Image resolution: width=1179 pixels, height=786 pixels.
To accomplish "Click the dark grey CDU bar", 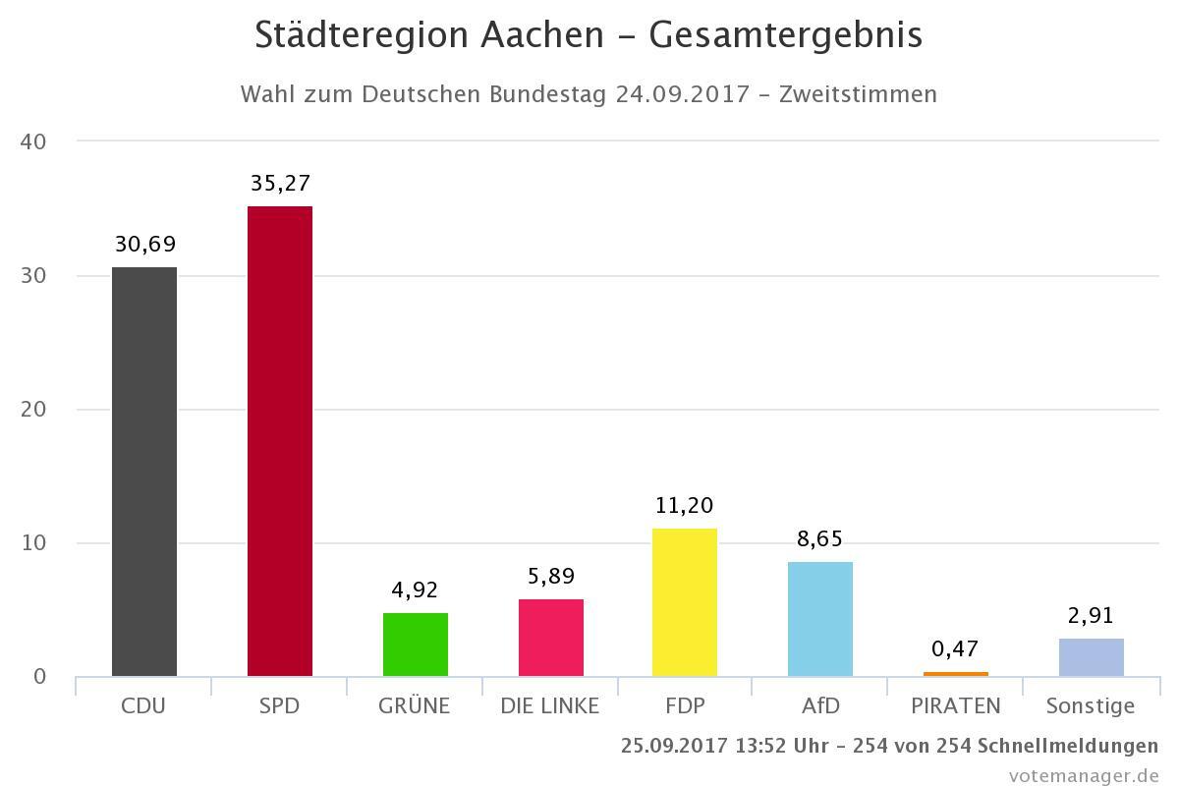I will tap(144, 472).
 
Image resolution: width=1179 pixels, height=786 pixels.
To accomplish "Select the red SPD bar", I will tap(280, 441).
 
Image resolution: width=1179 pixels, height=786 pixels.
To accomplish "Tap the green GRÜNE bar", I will tap(416, 645).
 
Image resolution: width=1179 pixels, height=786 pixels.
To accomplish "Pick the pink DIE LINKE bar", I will tap(551, 638).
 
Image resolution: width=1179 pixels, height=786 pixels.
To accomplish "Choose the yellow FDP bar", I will tap(685, 602).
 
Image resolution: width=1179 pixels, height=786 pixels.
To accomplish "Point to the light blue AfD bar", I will tap(820, 619).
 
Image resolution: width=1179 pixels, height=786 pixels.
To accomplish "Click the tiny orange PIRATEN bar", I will tap(956, 674).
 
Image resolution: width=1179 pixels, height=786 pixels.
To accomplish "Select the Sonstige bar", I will tap(1092, 657).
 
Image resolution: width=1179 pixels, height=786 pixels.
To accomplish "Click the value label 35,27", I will tap(280, 184).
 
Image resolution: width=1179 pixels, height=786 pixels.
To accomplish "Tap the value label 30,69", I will tap(145, 245).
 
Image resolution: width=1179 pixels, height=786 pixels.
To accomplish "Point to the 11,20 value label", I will tap(685, 506).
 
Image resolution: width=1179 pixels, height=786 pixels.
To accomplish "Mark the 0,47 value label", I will tap(956, 649).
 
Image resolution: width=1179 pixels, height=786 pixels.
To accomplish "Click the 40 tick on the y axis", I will tap(33, 141).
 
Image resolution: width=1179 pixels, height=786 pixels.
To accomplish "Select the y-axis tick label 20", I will tap(33, 410).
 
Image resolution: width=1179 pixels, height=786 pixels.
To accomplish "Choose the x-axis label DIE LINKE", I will tap(550, 705).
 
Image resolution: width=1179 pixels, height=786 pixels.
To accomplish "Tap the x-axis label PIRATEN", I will tap(956, 705).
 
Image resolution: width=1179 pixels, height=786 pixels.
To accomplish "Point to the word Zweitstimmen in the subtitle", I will tap(858, 94).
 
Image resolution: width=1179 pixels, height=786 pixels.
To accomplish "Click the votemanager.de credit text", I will tap(1084, 775).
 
